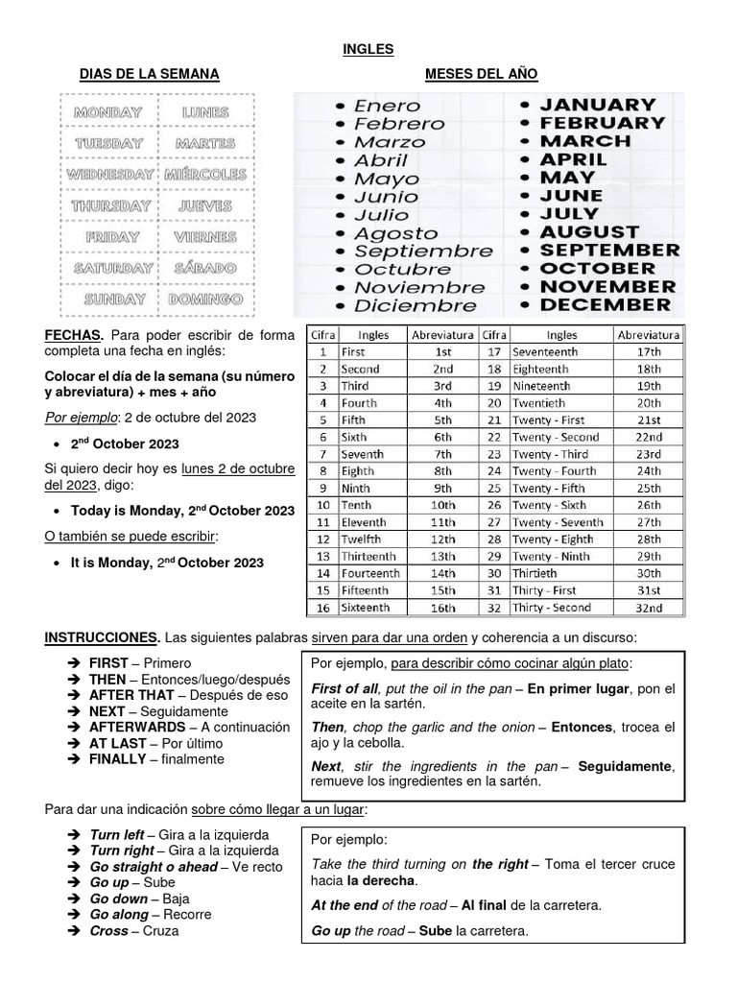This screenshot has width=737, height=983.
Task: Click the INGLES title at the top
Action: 368,48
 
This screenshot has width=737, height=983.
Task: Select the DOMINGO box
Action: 204,300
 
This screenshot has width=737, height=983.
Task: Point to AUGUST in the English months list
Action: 588,232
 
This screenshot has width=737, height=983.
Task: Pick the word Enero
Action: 388,106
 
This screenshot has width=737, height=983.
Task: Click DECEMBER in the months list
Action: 605,305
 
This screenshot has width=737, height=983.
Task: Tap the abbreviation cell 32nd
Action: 649,608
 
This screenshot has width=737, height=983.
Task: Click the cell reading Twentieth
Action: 538,403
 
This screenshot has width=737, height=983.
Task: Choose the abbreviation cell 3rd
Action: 442,386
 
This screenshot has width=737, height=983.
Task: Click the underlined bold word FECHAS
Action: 73,335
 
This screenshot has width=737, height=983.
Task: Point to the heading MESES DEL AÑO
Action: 481,74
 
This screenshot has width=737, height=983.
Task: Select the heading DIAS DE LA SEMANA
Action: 149,74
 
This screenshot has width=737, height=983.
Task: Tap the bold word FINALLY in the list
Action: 119,759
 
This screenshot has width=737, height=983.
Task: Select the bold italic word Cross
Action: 108,930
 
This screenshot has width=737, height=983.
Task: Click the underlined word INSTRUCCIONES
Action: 103,637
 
